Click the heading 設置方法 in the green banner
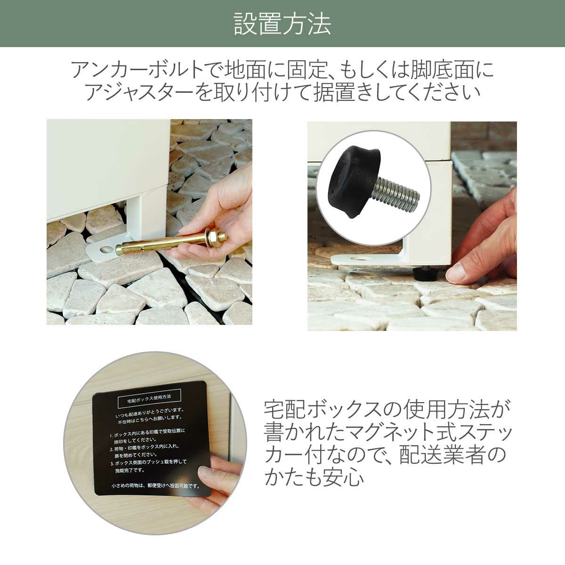(x=282, y=24)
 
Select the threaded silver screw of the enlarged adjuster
(x=397, y=194)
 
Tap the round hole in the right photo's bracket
(x=360, y=258)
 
